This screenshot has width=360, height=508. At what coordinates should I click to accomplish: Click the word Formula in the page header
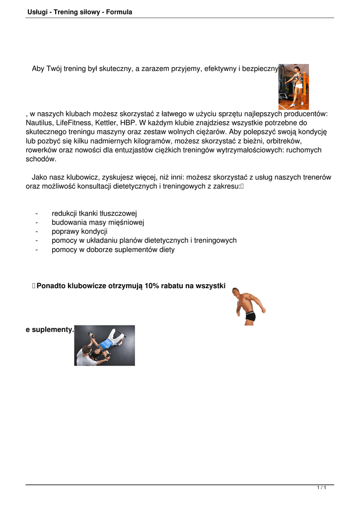point(118,12)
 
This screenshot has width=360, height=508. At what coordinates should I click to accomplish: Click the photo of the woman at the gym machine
point(293,86)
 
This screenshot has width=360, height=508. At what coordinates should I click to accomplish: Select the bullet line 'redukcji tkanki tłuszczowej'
point(90,213)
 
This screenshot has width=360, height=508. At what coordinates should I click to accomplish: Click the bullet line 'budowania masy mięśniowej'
point(97,222)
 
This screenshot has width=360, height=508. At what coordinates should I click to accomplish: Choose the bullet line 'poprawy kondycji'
point(79,231)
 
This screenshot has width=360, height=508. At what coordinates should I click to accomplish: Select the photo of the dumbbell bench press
point(104,345)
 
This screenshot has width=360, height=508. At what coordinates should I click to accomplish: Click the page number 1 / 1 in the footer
point(321,488)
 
